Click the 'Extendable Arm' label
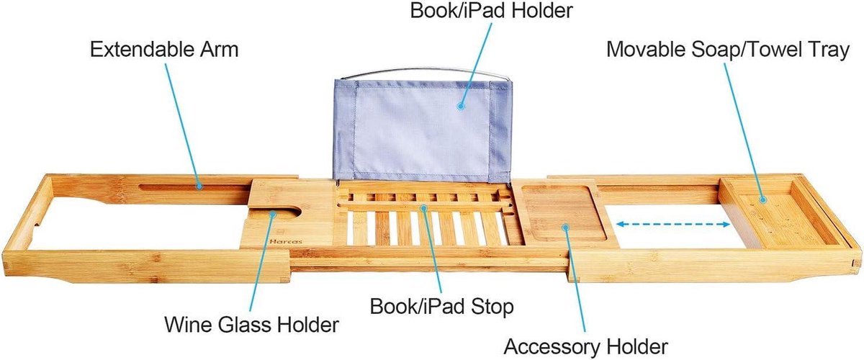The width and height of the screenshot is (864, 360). (164, 50)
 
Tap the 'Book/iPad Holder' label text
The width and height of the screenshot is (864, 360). (491, 10)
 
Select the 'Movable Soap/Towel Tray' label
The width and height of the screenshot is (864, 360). (728, 50)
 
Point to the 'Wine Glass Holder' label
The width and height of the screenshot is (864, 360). (251, 325)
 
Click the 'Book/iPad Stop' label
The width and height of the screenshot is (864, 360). (441, 307)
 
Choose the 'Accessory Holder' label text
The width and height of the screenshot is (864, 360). (585, 347)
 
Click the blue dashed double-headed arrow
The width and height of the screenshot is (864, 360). (672, 224)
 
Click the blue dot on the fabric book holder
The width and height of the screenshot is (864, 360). (460, 106)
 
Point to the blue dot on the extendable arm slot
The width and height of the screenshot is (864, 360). (199, 186)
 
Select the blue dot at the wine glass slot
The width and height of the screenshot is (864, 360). (273, 214)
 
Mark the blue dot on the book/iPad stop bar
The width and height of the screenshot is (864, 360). (423, 208)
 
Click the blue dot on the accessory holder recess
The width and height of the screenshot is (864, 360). (565, 228)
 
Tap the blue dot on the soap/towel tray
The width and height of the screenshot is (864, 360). (762, 200)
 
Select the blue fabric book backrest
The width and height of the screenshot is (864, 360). (423, 130)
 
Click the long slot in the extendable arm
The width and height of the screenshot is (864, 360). (195, 187)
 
